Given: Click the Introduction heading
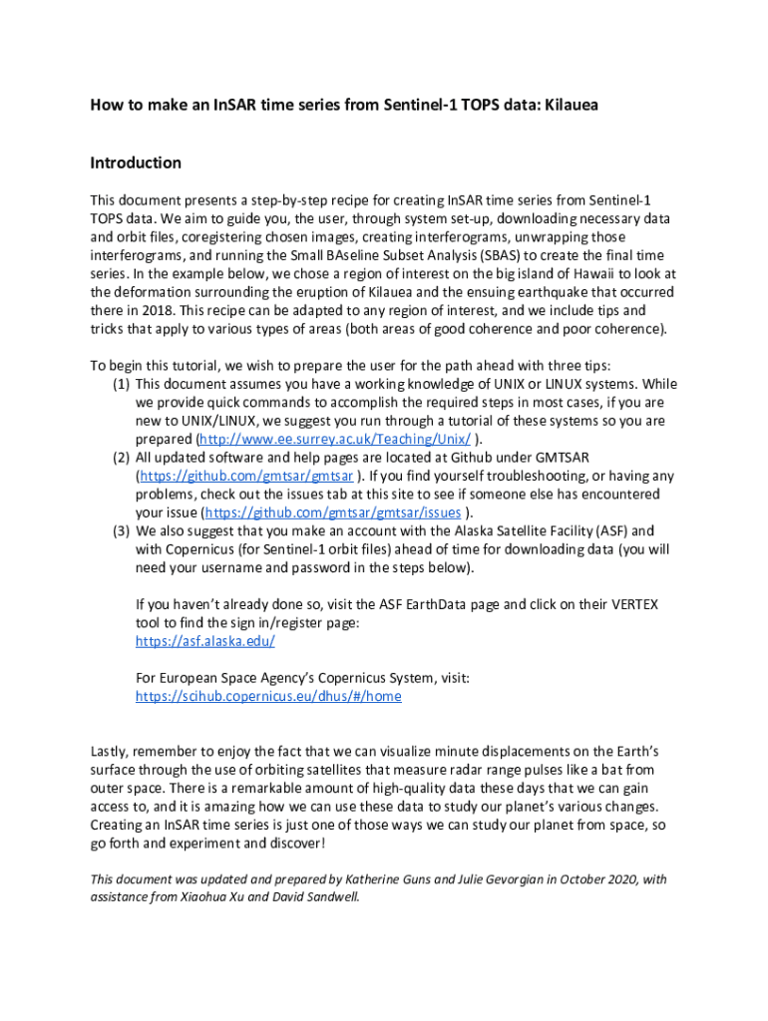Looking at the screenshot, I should click(x=136, y=163).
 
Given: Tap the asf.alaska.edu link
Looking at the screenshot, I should click(x=191, y=641).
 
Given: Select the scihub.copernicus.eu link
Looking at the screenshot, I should click(x=268, y=696).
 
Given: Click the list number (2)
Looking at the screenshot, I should click(x=120, y=458).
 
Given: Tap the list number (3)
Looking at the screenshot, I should click(x=120, y=531).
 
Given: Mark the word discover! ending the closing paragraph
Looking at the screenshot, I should click(x=293, y=843).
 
